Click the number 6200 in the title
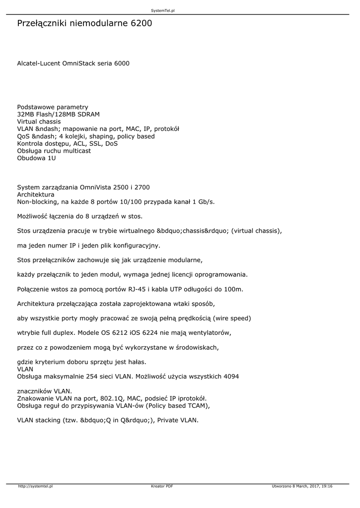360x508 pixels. (142, 23)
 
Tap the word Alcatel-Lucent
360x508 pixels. (39, 63)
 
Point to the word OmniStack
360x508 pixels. (79, 63)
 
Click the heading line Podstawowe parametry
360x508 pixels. (53, 107)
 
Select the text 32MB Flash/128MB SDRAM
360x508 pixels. (59, 114)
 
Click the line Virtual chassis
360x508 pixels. (39, 122)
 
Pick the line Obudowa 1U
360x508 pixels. (37, 158)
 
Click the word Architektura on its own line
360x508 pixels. (36, 194)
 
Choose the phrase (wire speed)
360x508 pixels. (232, 318)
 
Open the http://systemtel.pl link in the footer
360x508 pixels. (35, 486)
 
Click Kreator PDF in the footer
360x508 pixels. (162, 486)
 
